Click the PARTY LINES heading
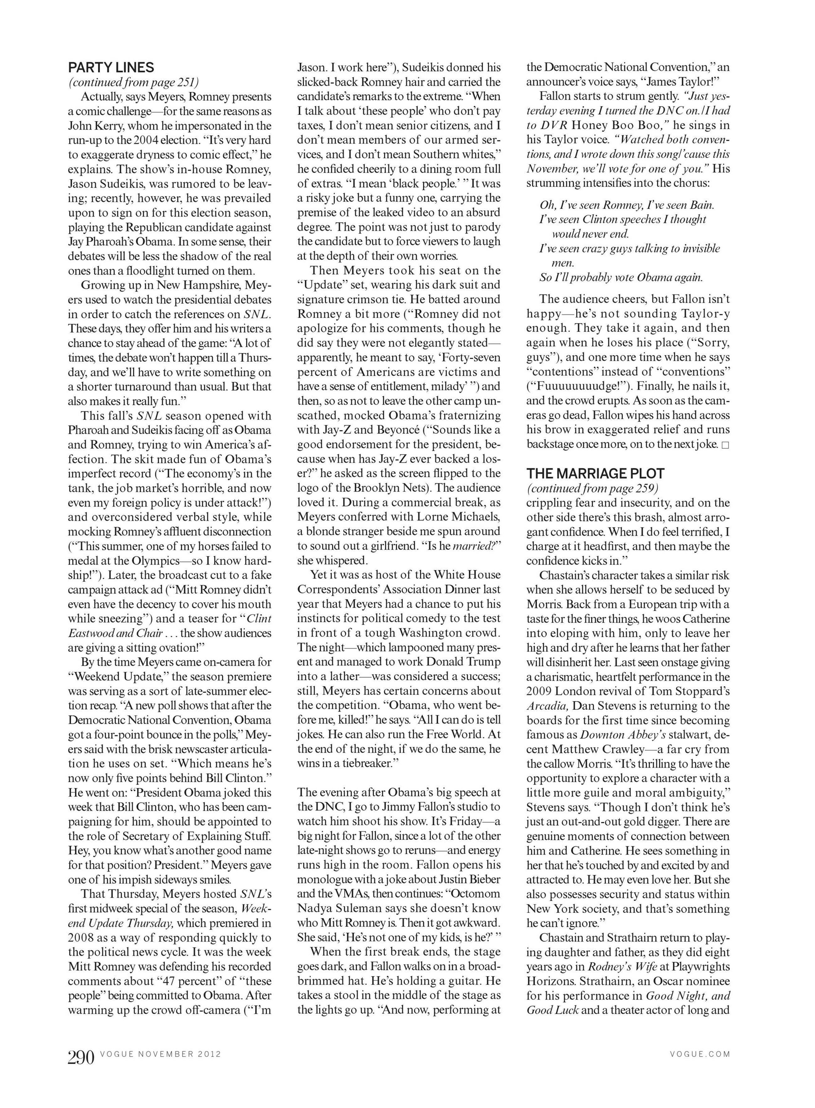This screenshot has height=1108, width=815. pos(111,68)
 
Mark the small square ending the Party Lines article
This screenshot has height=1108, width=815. pos(725,445)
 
